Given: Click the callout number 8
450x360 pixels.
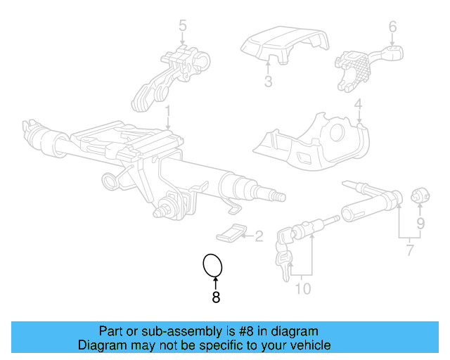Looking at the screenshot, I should [x=216, y=297].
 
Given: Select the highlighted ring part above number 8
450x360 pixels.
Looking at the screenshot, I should [x=213, y=265].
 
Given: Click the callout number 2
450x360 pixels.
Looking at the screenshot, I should [x=258, y=236].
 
